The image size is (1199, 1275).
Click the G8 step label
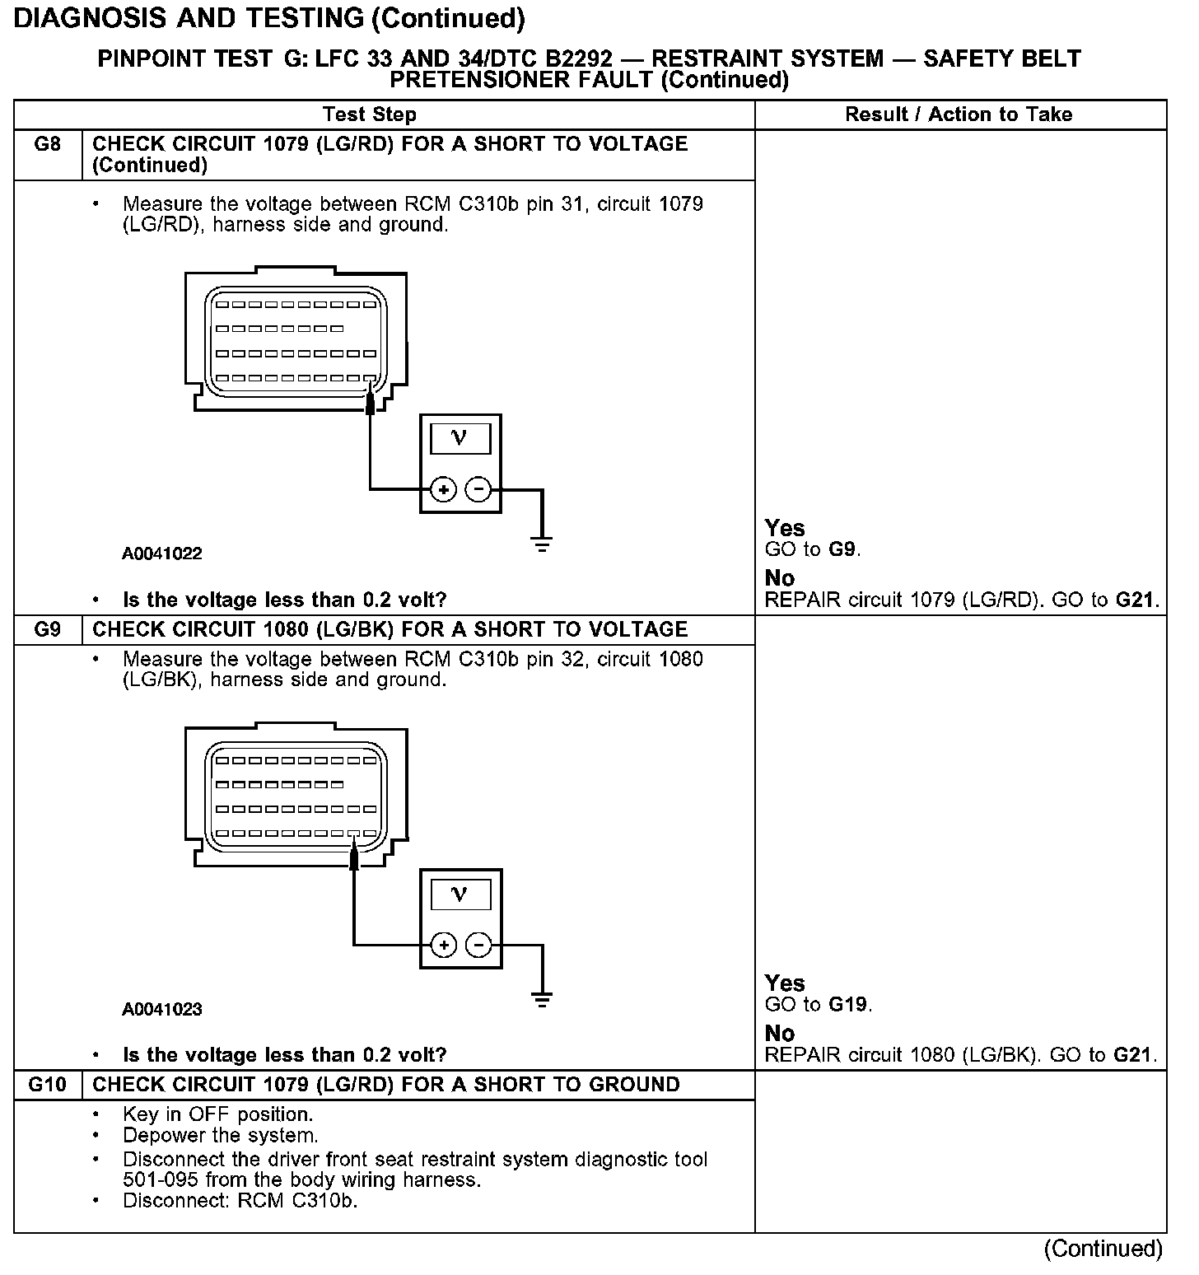[x=48, y=144]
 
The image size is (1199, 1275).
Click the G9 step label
[x=48, y=630]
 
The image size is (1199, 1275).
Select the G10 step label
[x=48, y=1085]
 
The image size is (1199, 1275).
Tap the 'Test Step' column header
[x=370, y=114]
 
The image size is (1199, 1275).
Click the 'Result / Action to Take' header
[x=959, y=114]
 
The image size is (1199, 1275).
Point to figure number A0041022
[x=162, y=553]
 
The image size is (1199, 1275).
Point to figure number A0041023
[x=162, y=1009]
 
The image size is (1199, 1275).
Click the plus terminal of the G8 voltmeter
[x=443, y=490]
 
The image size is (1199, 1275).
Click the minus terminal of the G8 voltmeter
[x=478, y=490]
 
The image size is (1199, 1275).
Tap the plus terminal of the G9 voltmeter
[x=443, y=945]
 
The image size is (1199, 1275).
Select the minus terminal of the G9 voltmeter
[x=478, y=945]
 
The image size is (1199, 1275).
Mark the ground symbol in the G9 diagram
[x=542, y=1000]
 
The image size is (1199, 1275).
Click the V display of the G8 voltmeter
[x=460, y=437]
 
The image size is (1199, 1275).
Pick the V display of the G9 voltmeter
[x=460, y=894]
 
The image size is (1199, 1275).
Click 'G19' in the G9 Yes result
[x=848, y=1005]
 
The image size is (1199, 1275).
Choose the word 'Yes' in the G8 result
[x=785, y=528]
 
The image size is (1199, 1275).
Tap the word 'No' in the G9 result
[x=780, y=1033]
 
